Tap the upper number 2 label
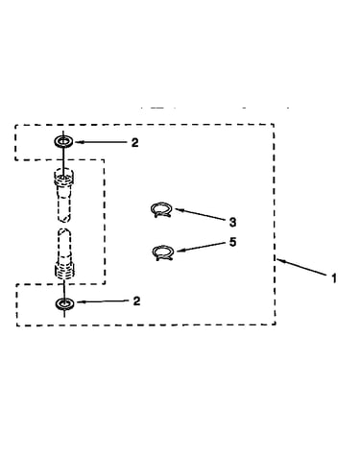(135, 143)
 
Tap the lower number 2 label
(136, 301)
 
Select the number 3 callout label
(233, 222)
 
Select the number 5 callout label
(233, 242)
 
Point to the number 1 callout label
(334, 278)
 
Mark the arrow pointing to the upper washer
(101, 142)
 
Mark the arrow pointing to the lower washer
(103, 301)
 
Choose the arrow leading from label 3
(201, 214)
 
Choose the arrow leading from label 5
(201, 247)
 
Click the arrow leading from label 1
(302, 267)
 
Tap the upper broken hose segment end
(64, 219)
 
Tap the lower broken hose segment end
(64, 231)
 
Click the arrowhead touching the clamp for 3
(179, 209)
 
